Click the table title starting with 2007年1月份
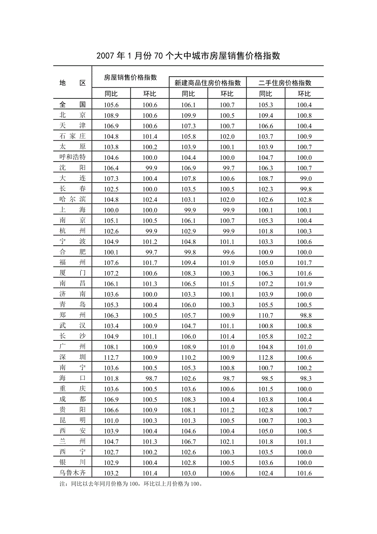[x=188, y=56]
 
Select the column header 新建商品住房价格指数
[x=208, y=83]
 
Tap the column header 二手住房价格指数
[x=285, y=83]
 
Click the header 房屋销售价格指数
[x=130, y=77]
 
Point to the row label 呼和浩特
[x=73, y=157]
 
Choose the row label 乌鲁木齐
[x=73, y=472]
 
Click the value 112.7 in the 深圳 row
[x=111, y=357]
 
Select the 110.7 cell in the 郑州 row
[x=266, y=315]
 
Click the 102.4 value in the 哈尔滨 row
[x=150, y=199]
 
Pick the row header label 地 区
[x=73, y=83]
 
